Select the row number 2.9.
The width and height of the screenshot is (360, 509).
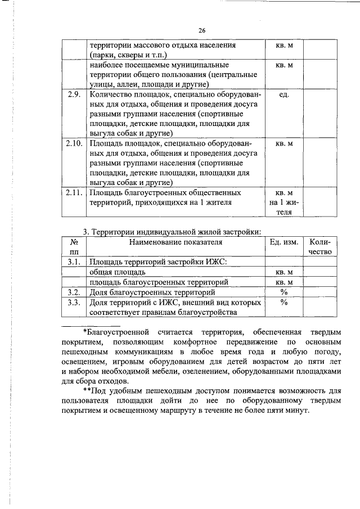[74, 94]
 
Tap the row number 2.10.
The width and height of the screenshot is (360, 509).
[74, 143]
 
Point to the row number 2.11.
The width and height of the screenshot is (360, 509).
[74, 192]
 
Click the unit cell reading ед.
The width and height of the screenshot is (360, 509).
[284, 94]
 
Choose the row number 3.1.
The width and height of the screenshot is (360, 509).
[74, 262]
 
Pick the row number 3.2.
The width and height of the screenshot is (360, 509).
[74, 292]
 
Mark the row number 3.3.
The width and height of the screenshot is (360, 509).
[74, 302]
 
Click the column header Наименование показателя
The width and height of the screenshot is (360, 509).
[175, 242]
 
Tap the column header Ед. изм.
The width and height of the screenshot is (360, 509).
[284, 242]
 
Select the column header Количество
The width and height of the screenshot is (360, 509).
[319, 247]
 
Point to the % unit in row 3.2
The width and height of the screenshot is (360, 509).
[284, 292]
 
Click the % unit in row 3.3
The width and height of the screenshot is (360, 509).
[284, 302]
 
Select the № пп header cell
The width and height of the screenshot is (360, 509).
[74, 247]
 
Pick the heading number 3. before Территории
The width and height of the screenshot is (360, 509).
[87, 231]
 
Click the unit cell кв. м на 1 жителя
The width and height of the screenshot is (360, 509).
[284, 202]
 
